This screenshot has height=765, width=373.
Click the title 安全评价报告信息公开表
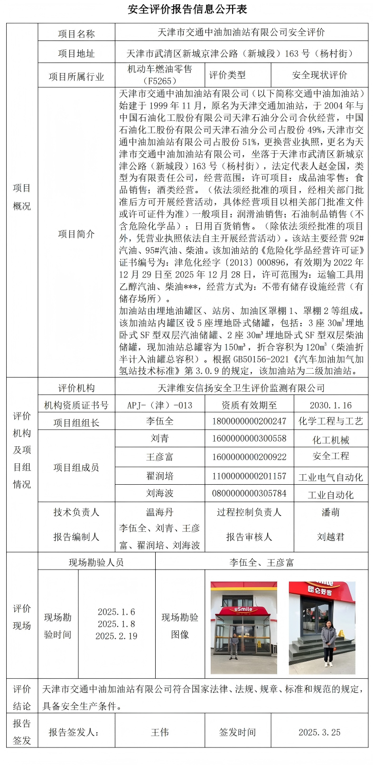click(187, 9)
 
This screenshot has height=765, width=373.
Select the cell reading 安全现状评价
click(319, 75)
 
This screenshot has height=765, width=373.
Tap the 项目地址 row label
click(76, 54)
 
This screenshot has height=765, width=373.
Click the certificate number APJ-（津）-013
click(160, 405)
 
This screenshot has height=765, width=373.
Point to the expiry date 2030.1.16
click(331, 405)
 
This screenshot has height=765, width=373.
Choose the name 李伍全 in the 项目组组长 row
click(160, 421)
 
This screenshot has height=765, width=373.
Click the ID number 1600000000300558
click(249, 438)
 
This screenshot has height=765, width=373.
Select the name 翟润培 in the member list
click(160, 476)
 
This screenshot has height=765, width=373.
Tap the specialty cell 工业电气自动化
click(331, 477)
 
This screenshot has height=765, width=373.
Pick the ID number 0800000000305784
click(249, 493)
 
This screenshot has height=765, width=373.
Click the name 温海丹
click(160, 512)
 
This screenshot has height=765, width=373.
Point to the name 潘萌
click(331, 512)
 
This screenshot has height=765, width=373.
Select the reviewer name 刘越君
click(331, 537)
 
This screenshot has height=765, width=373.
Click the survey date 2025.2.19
click(116, 636)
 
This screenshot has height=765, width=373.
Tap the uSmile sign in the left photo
click(243, 609)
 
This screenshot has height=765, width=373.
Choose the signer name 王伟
click(160, 732)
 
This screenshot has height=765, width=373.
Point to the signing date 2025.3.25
click(319, 732)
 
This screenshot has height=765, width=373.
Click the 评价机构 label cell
click(76, 388)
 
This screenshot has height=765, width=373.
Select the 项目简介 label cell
click(76, 234)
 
